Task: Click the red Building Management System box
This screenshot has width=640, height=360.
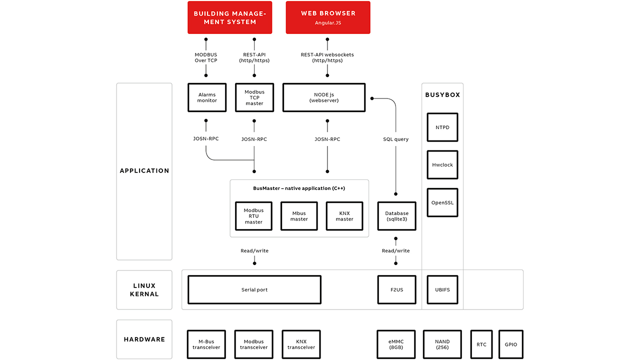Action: tap(229, 17)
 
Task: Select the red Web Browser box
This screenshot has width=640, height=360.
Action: tap(328, 17)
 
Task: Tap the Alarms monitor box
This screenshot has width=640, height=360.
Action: tap(206, 97)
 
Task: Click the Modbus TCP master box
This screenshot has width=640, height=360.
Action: tap(254, 97)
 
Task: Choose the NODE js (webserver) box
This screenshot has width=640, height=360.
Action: tap(324, 97)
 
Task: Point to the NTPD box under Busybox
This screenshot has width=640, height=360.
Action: tap(442, 127)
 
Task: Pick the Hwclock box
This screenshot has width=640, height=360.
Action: tap(442, 164)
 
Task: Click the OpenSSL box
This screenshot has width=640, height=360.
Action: tap(442, 202)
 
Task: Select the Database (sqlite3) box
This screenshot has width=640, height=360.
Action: tap(396, 216)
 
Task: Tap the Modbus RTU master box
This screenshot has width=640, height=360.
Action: tap(253, 216)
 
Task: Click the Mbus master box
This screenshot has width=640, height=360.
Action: tap(299, 216)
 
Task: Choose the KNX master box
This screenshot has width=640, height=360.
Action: tap(344, 216)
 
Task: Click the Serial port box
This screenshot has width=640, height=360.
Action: tap(254, 289)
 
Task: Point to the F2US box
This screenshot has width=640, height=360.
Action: tap(396, 289)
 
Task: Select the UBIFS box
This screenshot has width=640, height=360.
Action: tap(442, 289)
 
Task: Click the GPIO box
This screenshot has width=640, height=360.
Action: tap(510, 344)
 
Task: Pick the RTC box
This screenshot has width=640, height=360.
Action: tap(481, 344)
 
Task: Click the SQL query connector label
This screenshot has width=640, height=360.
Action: tap(395, 139)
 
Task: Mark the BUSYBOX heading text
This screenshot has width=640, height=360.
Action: tap(442, 94)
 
